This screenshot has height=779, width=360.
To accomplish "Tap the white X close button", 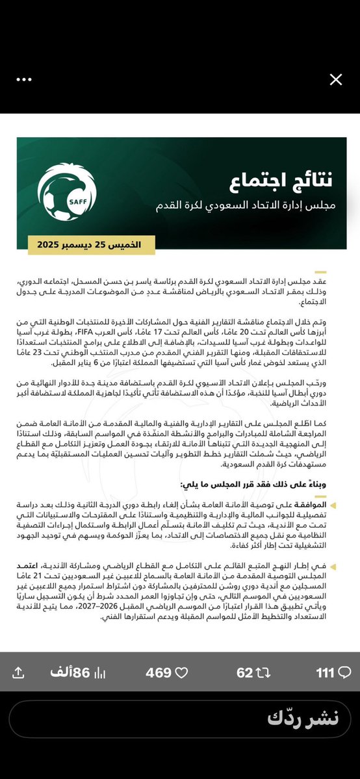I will pyautogui.click(x=335, y=80).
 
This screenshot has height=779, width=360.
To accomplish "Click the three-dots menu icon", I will pyautogui.click(x=24, y=79).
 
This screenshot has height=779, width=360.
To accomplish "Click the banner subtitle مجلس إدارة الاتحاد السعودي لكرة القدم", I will pyautogui.click(x=245, y=207).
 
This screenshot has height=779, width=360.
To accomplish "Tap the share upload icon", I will pyautogui.click(x=19, y=672).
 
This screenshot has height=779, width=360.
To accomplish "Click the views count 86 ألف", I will pyautogui.click(x=73, y=672).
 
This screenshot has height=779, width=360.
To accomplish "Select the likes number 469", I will pyautogui.click(x=159, y=672).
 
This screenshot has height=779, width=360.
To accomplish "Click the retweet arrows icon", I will pyautogui.click(x=263, y=672).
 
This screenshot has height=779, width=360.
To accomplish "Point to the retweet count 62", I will pyautogui.click(x=244, y=672).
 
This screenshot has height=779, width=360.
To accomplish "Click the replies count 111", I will pyautogui.click(x=325, y=672).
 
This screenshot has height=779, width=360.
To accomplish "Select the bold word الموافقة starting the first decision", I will pyautogui.click(x=329, y=505).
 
